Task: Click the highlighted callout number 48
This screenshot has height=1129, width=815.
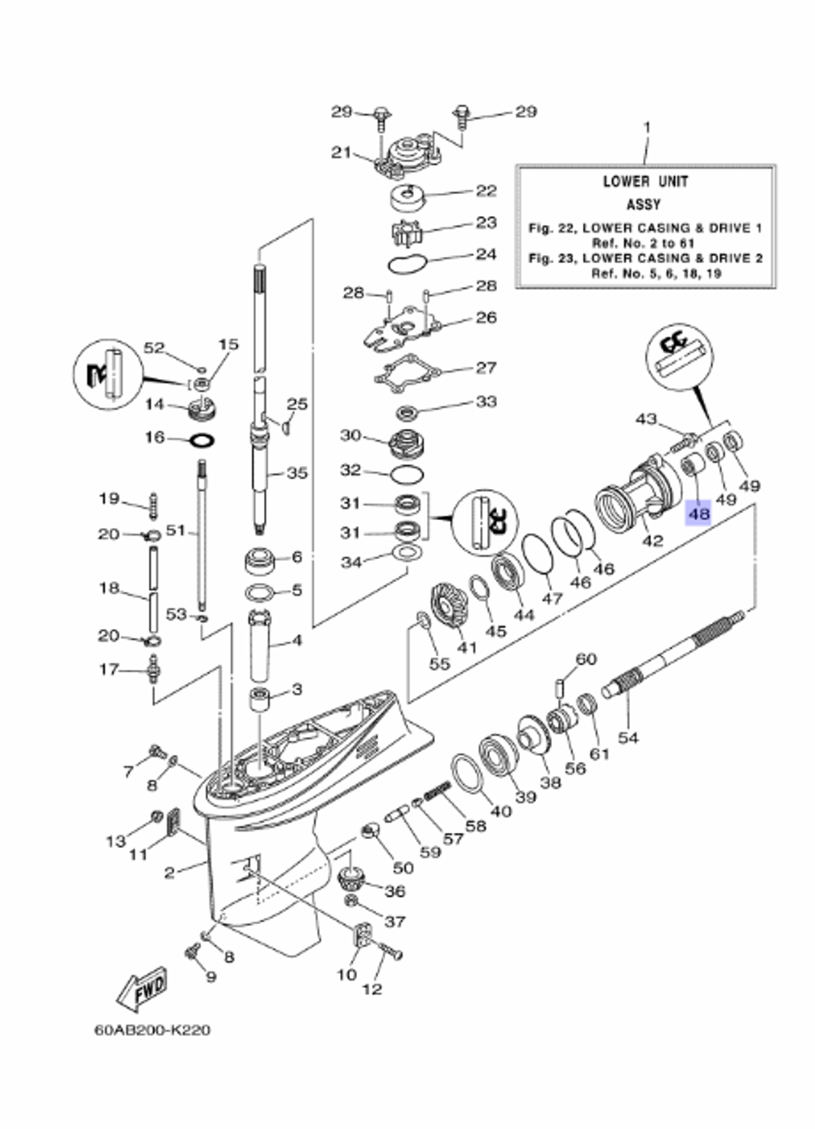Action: [x=698, y=514]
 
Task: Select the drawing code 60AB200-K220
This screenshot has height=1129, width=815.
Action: [x=152, y=1030]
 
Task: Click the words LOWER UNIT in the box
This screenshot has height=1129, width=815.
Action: [x=645, y=181]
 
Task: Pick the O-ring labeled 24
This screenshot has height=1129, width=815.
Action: [x=406, y=263]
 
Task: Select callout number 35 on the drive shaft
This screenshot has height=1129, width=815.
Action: [x=297, y=472]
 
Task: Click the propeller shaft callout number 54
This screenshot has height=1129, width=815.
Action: [x=628, y=737]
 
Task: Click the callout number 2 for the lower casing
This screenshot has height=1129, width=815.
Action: [x=169, y=872]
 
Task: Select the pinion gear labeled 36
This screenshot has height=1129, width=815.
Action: [x=352, y=879]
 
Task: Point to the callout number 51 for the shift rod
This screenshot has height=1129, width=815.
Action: [x=176, y=531]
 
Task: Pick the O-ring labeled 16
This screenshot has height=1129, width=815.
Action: [x=202, y=440]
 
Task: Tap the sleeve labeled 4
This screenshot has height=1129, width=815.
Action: [x=262, y=646]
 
